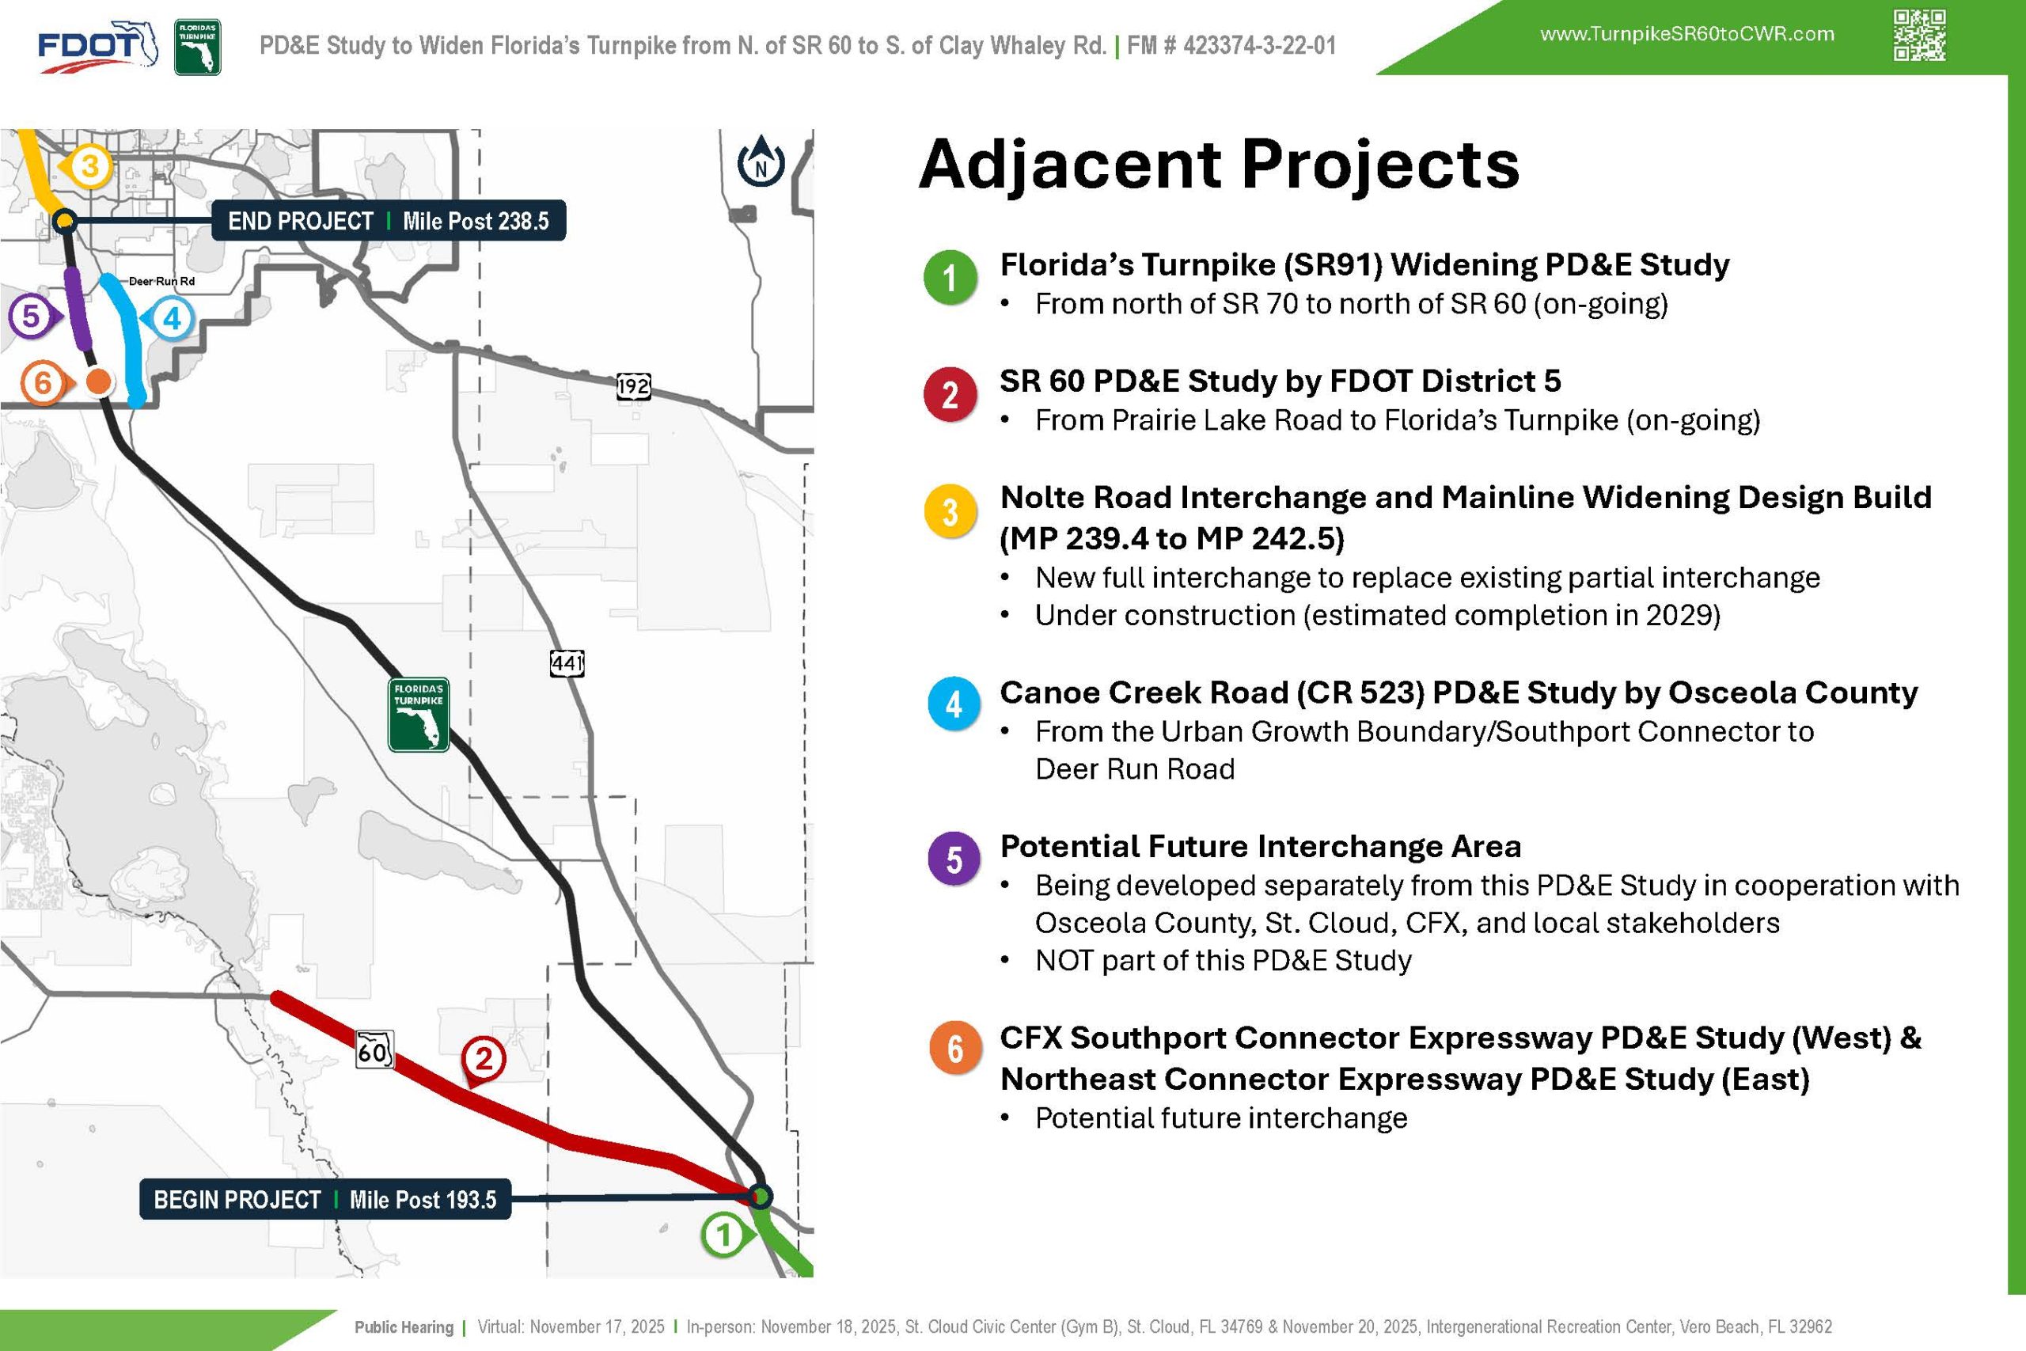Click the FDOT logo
click(x=97, y=47)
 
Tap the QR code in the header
click(x=1919, y=36)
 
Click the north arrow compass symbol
click(x=761, y=161)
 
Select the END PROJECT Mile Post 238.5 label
click(x=389, y=222)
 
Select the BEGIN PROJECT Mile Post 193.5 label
click(x=324, y=1199)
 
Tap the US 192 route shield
click(x=633, y=386)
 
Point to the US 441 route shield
click(x=567, y=663)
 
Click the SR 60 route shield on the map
click(x=374, y=1050)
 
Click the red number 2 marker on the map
click(x=484, y=1059)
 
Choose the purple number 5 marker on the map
click(x=32, y=317)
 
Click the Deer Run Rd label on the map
click(x=162, y=282)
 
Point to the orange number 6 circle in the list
click(x=954, y=1049)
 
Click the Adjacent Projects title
click(x=1219, y=164)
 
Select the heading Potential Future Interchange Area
click(x=1260, y=846)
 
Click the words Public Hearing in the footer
click(x=404, y=1327)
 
